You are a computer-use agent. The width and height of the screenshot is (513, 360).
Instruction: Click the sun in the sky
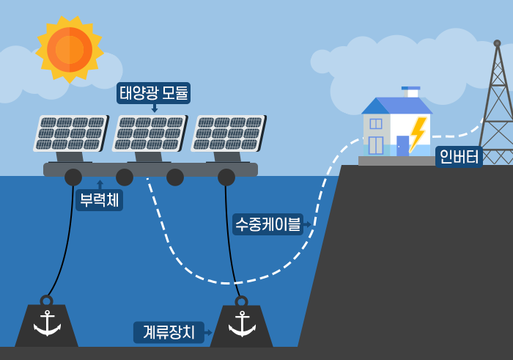click(70, 50)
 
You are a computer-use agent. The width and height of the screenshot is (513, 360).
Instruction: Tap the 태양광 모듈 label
click(153, 93)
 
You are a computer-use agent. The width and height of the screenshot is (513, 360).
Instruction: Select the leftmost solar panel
click(70, 133)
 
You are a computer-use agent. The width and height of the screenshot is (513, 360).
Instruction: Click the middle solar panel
click(150, 133)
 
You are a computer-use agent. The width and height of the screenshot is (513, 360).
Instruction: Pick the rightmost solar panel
click(229, 133)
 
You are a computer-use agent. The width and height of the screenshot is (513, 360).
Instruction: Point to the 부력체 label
click(100, 200)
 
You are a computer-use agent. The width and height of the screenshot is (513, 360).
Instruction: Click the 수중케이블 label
click(267, 224)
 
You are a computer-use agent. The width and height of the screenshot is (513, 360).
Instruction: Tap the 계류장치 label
click(169, 333)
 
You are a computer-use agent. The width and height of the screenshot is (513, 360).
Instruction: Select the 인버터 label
click(459, 157)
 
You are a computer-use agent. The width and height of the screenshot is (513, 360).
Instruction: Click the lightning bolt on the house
click(418, 134)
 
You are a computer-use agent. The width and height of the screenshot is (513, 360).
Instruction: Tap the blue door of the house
click(402, 146)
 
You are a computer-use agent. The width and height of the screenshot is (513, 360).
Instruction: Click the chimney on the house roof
click(411, 92)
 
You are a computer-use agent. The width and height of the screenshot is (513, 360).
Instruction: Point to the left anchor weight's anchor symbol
click(47, 323)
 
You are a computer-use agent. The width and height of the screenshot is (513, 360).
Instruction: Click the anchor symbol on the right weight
click(242, 324)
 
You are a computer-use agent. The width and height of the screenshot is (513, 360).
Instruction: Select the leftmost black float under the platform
click(73, 177)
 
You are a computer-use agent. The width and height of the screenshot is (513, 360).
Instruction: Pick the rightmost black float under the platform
click(226, 177)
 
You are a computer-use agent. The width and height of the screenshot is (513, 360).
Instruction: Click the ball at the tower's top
click(497, 43)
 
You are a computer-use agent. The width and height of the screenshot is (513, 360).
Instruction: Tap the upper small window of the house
click(375, 124)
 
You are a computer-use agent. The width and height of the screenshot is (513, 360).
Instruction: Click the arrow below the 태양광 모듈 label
click(155, 108)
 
